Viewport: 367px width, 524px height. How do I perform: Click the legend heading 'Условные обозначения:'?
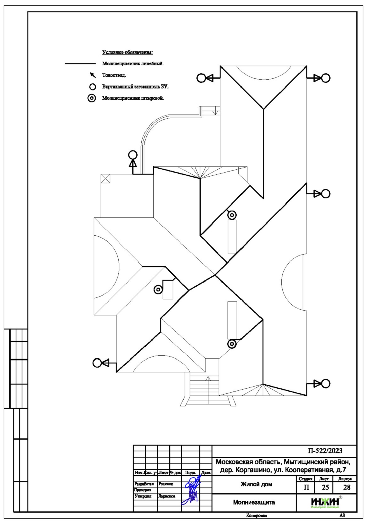point(127,52)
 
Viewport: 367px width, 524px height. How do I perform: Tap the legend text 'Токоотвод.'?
point(114,75)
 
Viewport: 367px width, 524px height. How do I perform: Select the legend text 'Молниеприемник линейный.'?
point(133,64)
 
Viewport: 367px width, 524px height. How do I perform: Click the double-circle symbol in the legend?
point(92,98)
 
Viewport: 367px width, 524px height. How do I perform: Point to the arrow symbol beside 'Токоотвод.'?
point(93,75)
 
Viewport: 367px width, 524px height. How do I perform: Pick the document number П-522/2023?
point(325,451)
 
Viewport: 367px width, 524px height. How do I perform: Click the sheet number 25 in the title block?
point(325,487)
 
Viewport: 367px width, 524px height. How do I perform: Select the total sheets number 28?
point(347,487)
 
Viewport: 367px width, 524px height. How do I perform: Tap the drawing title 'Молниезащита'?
point(254,502)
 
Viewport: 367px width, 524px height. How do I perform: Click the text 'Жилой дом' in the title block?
point(256,484)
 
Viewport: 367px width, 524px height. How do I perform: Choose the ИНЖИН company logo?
point(325,502)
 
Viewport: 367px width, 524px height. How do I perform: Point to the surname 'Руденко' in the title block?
point(166,484)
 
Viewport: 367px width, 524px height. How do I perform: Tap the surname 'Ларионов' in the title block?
point(167,496)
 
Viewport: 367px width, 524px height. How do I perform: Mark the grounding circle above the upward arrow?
point(133,155)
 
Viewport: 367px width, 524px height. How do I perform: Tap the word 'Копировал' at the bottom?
point(257,516)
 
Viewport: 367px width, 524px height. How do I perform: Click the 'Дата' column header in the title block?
point(206,472)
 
